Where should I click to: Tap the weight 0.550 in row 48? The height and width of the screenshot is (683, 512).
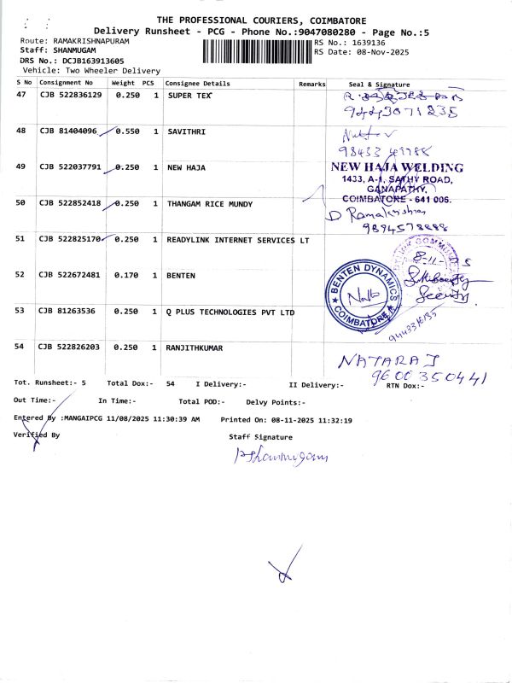coord(126,132)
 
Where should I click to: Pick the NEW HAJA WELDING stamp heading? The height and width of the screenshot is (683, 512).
coord(397,167)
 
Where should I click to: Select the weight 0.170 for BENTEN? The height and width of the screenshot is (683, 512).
coord(126,276)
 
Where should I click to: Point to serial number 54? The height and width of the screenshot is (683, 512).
coord(21,347)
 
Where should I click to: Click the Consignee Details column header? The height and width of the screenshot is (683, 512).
coord(197,85)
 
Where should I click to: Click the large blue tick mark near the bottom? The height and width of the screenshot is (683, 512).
coord(284,565)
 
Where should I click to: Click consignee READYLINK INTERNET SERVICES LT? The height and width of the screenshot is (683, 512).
coord(238,240)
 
